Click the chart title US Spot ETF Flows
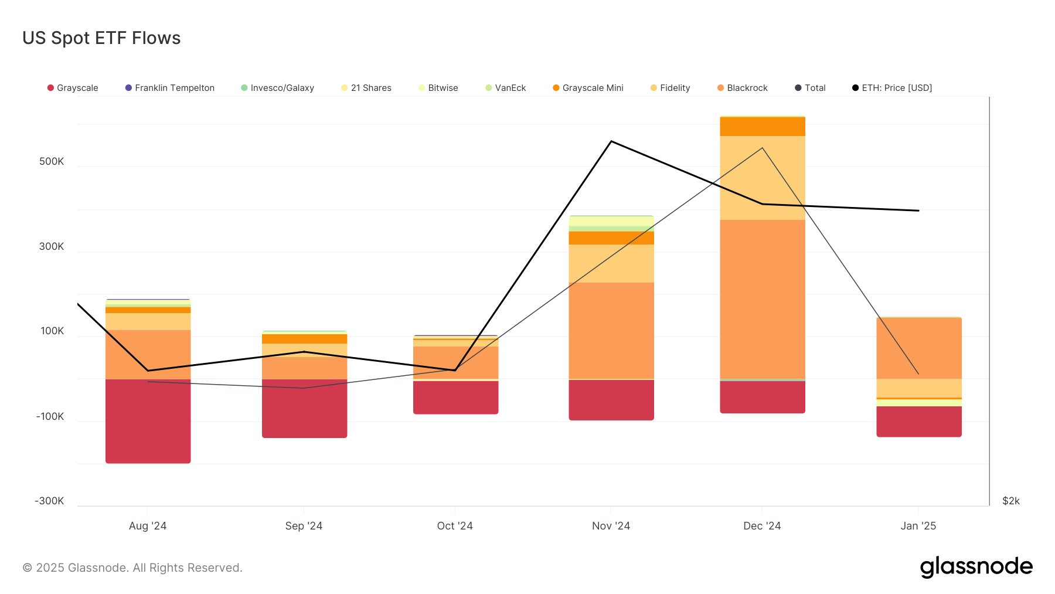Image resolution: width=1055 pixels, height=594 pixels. (x=101, y=38)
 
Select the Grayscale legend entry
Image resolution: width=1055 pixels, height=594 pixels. (x=73, y=88)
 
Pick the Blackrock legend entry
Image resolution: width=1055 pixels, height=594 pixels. (x=743, y=88)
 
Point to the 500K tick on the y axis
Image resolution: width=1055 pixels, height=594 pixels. (x=52, y=161)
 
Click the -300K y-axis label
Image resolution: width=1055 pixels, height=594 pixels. (x=49, y=501)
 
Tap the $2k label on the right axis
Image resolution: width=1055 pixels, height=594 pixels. (x=1011, y=501)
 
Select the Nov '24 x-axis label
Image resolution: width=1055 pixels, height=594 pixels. (x=611, y=526)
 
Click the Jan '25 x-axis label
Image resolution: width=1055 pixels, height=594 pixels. (x=918, y=526)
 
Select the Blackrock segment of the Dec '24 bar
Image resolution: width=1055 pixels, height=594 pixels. (x=762, y=299)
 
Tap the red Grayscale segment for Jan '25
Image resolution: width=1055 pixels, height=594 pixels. (x=918, y=422)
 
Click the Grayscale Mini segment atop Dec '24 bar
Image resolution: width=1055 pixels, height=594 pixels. (x=762, y=127)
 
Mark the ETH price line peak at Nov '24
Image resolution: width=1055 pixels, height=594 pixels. (x=611, y=141)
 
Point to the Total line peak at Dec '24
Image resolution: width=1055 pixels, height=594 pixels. (x=762, y=148)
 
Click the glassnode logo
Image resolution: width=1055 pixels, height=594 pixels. (x=976, y=567)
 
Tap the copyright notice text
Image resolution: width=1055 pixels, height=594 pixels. (x=132, y=568)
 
